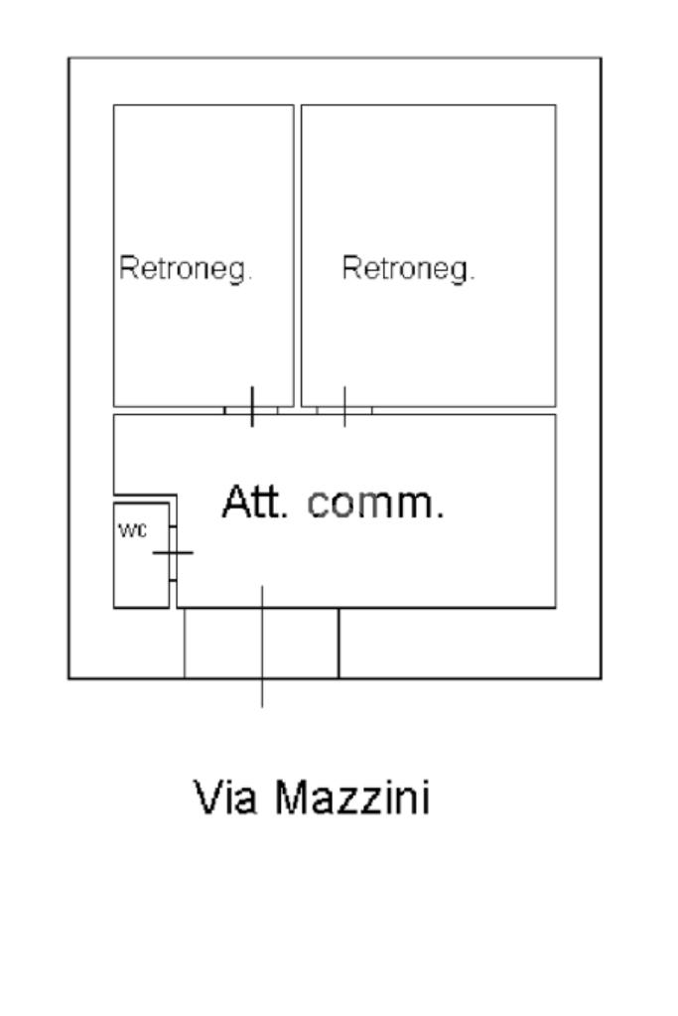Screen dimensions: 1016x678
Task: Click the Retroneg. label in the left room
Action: [186, 268]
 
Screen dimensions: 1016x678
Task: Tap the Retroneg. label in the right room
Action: [408, 268]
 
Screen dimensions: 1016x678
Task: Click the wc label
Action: [132, 530]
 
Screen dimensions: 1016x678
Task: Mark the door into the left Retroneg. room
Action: [251, 407]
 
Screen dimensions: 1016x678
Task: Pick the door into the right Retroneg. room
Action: [344, 407]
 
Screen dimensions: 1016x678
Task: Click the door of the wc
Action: [173, 552]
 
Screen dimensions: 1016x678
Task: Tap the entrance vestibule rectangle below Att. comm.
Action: [261, 643]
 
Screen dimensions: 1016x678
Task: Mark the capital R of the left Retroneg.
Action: [127, 268]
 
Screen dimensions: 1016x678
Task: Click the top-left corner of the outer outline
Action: [68, 58]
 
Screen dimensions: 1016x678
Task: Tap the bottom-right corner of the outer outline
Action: [601, 678]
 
